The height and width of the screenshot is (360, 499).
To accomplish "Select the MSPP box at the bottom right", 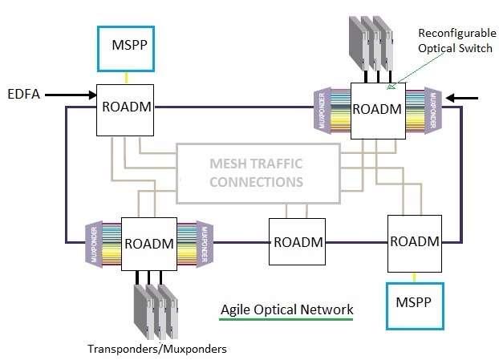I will point(414,305).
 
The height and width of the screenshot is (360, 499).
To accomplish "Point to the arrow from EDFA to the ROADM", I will point(71,95).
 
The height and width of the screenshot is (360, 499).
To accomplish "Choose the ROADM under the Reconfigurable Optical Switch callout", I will point(376,109).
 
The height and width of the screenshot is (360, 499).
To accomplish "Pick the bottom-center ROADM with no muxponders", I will point(297,241).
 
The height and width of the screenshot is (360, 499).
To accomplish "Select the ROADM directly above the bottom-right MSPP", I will point(414,241).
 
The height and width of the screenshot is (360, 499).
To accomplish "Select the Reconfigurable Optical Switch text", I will point(453,42).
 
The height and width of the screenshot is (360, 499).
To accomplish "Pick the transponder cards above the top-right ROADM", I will point(370,45).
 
